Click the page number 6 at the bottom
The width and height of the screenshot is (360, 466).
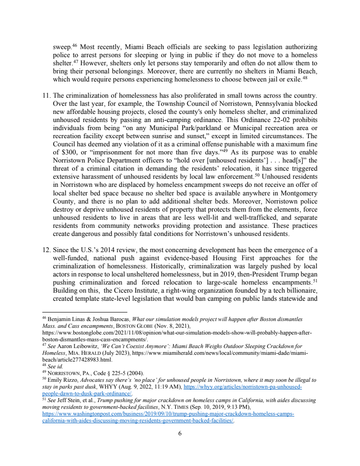tap(180, 434)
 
